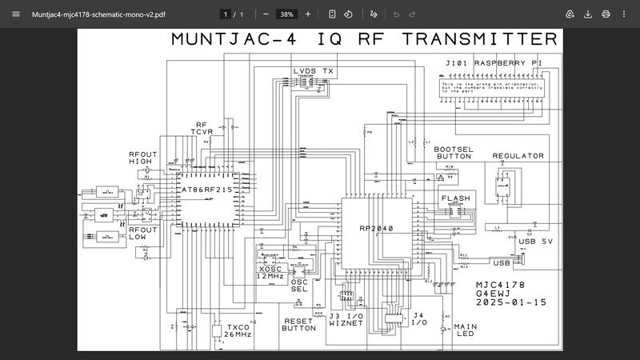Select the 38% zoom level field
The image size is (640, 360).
coord(284,14)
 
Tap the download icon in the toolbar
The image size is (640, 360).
coord(588,14)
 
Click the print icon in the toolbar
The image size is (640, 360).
coord(606,14)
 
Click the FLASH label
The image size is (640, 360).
coord(456,198)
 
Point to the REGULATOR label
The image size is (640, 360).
coord(518,156)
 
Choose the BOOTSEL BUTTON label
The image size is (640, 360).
coord(454,154)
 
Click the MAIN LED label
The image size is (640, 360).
coord(465,330)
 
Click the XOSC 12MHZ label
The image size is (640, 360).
coord(273,274)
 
